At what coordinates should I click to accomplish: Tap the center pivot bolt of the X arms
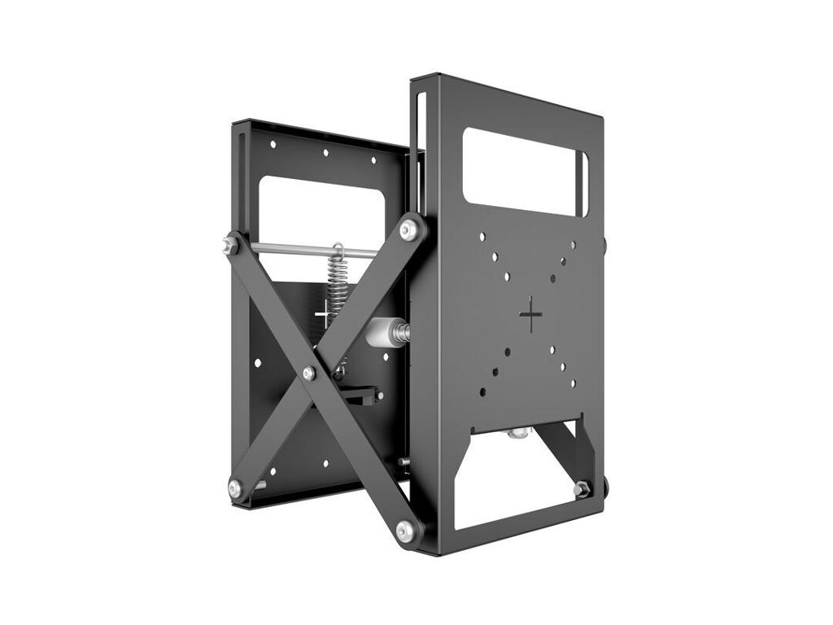(308, 374)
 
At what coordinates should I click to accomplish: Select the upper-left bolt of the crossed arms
(230, 244)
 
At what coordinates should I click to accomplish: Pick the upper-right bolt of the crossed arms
(410, 229)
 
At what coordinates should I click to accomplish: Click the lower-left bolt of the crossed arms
(235, 488)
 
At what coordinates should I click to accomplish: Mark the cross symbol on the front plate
(530, 314)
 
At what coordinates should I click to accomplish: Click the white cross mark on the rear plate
(323, 312)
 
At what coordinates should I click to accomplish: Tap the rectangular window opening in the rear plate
(321, 208)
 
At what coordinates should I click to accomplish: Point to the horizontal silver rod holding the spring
(293, 249)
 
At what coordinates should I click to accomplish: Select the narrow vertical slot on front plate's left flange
(421, 130)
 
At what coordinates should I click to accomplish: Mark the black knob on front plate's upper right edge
(605, 243)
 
